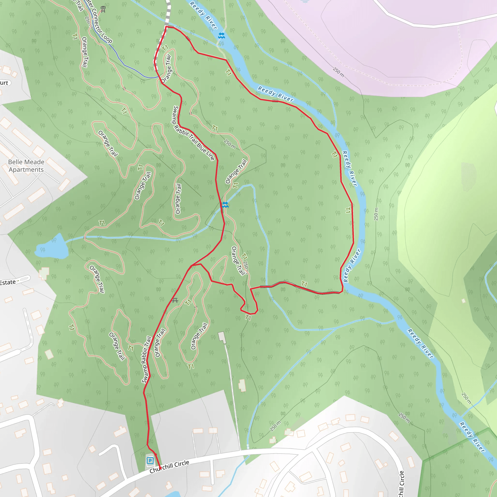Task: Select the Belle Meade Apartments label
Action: (26, 166)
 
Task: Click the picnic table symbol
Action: (175, 300)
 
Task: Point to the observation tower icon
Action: (103, 9)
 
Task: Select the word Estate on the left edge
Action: (8, 282)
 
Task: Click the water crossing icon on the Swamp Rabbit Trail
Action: (225, 205)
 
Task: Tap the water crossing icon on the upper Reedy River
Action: (221, 35)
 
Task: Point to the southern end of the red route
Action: (160, 469)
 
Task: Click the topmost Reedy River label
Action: (203, 15)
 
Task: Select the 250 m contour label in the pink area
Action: (338, 72)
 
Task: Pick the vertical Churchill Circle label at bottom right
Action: (401, 484)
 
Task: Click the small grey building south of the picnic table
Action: (222, 337)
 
